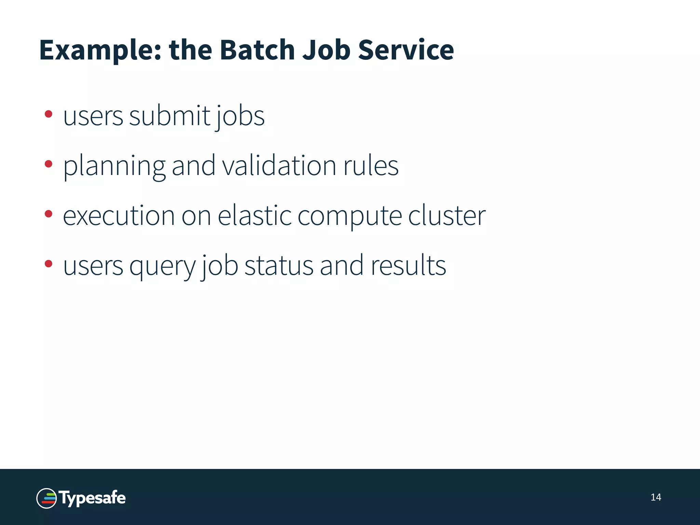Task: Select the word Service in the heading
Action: click(x=406, y=50)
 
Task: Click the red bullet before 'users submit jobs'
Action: click(x=49, y=114)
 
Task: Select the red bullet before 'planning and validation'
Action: click(x=49, y=164)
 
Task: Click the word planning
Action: click(x=115, y=166)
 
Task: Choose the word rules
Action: click(x=371, y=165)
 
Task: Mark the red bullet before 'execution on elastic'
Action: click(x=49, y=214)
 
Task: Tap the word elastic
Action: click(x=255, y=215)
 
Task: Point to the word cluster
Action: click(x=447, y=215)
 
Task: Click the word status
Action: click(x=279, y=266)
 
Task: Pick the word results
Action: click(x=408, y=265)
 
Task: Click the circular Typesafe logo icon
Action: click(x=46, y=498)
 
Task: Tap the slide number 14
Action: click(x=656, y=497)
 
